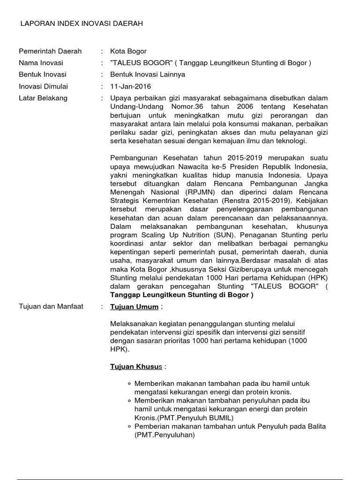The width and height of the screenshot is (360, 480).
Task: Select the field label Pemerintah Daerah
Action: [x=50, y=51]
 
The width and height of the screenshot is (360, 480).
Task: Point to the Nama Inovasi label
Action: [x=41, y=63]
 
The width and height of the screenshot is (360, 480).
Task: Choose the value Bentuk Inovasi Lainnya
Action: [x=148, y=75]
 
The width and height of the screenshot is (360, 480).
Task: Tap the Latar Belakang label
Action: [x=43, y=98]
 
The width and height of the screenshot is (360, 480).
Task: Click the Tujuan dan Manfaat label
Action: [x=51, y=307]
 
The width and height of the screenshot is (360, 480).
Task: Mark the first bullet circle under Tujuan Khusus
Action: [x=129, y=383]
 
